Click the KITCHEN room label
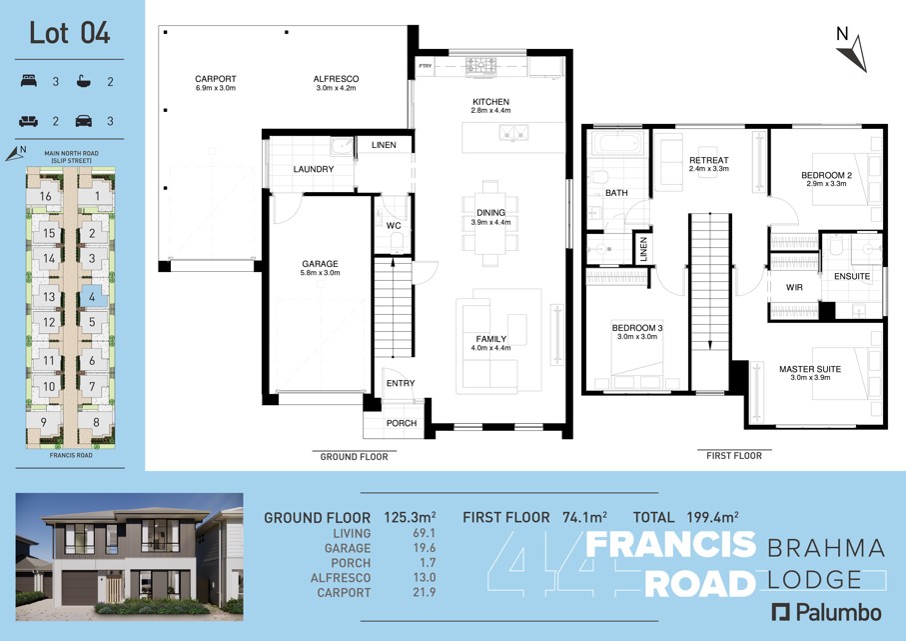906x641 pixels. pos(491,102)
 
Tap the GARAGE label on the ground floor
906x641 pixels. pos(320,264)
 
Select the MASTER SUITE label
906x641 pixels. pos(810,369)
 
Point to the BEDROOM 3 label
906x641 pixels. pos(637,328)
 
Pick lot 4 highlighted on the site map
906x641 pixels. pos(93,297)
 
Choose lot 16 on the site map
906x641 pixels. pos(46,196)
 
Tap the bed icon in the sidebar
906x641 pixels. pos(29,82)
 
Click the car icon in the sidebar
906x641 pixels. pos(84,121)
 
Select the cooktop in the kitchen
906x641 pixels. pos(481,66)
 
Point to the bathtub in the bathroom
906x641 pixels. pos(617,143)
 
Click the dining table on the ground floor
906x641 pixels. pos(490,224)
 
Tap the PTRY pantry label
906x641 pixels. pos(426,66)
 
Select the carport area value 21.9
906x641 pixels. pos(425,592)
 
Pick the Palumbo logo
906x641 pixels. pos(827,613)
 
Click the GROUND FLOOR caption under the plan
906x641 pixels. pos(355,456)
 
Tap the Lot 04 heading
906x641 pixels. pos(69,33)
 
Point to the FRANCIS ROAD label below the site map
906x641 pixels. pos(71,455)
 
